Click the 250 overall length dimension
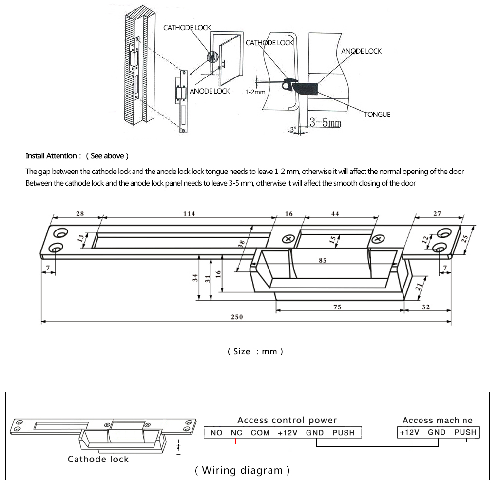237,317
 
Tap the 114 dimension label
189,214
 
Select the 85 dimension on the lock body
322,260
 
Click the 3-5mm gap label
325,122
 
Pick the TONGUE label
378,115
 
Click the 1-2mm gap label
255,92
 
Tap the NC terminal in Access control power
236,432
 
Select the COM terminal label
260,432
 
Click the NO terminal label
216,432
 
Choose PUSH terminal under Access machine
465,432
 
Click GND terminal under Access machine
437,432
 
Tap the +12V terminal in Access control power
288,432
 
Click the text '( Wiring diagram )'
242,470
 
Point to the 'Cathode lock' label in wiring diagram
98,459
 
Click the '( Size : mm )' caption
255,351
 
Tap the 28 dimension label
80,214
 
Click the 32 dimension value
425,307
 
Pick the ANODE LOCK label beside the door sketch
210,91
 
